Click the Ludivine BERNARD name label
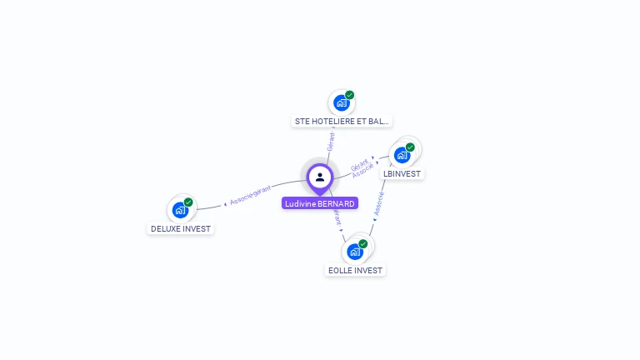(x=320, y=203)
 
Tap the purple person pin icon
(x=320, y=177)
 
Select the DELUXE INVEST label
(x=181, y=228)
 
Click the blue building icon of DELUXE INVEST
(x=180, y=210)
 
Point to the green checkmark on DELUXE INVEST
(x=188, y=202)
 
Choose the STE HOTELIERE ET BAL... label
(x=342, y=121)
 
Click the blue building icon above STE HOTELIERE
(x=341, y=102)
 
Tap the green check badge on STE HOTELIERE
(x=350, y=95)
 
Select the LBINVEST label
(x=402, y=174)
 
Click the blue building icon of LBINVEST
(x=402, y=155)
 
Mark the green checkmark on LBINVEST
(x=410, y=147)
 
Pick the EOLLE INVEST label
(x=356, y=270)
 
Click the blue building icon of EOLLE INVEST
(x=355, y=252)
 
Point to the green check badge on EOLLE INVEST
(x=363, y=244)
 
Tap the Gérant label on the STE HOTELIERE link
(x=331, y=142)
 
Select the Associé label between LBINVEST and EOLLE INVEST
(x=379, y=203)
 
